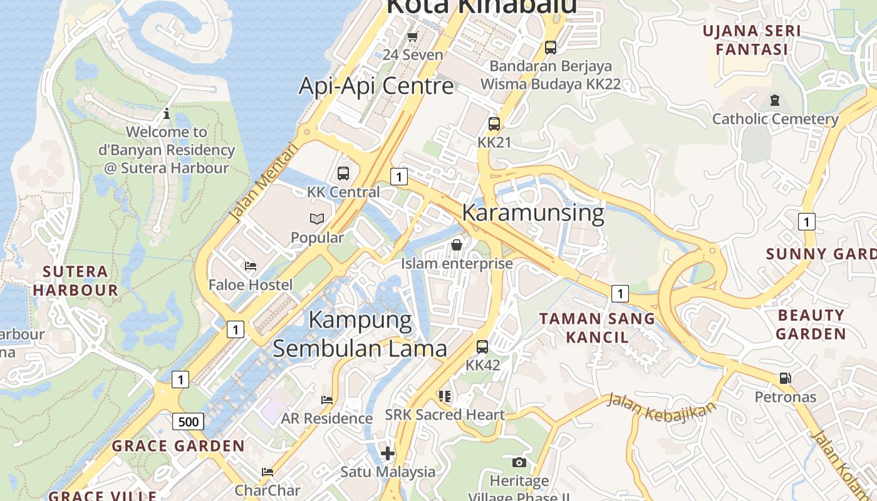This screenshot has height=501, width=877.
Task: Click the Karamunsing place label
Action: tap(532, 213)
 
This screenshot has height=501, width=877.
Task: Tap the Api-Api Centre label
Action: tap(376, 86)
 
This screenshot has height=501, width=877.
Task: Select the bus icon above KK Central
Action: tap(343, 173)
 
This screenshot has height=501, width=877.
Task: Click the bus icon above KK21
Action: tap(494, 124)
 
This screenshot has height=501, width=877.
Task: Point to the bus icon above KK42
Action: tap(482, 346)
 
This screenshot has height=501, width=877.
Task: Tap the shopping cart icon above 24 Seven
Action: tap(412, 36)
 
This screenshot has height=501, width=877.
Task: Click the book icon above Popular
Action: tap(317, 219)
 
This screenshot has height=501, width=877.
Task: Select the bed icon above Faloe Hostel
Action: tap(251, 266)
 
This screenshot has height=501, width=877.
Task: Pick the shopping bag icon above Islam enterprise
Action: tap(457, 245)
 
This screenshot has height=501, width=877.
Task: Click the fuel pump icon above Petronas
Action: tap(785, 378)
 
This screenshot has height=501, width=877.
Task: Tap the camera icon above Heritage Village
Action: tap(519, 463)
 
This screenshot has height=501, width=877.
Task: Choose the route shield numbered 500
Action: tap(188, 421)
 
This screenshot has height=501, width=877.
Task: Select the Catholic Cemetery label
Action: tap(775, 119)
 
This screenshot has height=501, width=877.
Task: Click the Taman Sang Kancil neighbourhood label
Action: tap(597, 328)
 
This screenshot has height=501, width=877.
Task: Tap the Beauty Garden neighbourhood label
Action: tap(811, 324)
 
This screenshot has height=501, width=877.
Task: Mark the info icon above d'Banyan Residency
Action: tap(167, 114)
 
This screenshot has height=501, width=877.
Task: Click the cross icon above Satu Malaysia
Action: tap(388, 453)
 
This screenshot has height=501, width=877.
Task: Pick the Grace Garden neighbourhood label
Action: tap(178, 446)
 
